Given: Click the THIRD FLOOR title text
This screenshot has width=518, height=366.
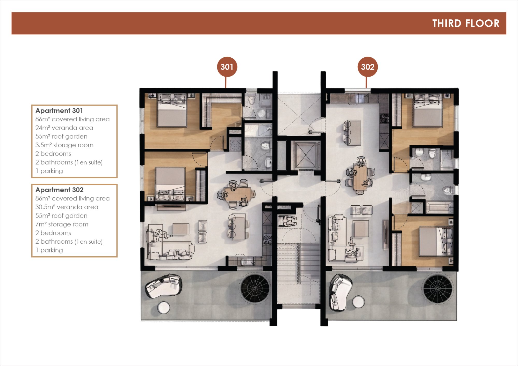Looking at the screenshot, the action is pos(466,23).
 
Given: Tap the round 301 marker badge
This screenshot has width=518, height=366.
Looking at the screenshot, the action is pos(227,67).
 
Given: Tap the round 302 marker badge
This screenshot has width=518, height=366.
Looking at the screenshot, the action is pos(368,67).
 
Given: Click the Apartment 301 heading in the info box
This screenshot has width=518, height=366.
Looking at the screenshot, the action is pos(59,111).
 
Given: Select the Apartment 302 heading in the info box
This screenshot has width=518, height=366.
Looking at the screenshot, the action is pos(59,190).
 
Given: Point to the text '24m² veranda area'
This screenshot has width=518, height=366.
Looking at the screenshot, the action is pos(64,128).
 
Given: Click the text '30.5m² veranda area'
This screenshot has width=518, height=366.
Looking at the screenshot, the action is pos(67,207).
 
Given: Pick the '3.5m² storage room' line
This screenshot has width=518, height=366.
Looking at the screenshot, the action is pos(64,145).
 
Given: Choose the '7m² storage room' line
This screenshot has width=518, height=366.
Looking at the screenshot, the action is pos(62,224).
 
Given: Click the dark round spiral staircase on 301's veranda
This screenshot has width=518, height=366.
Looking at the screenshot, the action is pos(255,288).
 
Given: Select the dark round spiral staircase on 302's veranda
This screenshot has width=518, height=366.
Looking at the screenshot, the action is pos(438,288).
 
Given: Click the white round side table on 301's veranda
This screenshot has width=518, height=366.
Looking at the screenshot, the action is pos(164,308).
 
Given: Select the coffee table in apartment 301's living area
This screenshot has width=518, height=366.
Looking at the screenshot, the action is pos(181,229).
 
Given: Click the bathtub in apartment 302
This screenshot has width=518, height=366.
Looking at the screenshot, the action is pos(440,208).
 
